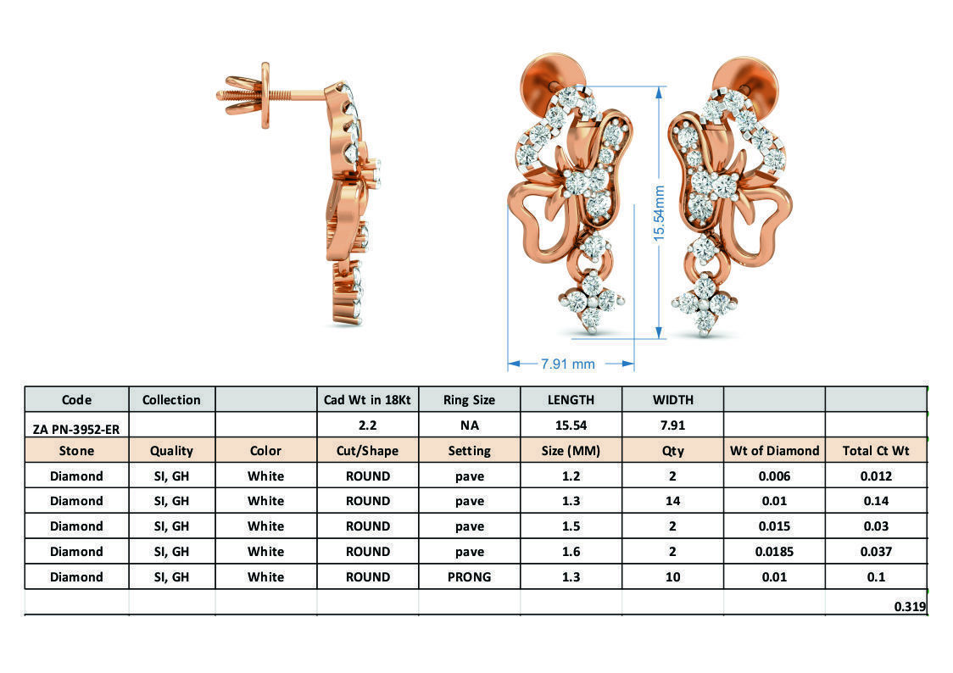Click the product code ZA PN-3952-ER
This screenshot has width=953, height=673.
[76, 429]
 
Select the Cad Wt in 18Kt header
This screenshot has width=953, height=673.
[367, 399]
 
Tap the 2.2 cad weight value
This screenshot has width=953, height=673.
[367, 425]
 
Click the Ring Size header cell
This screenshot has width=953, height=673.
[469, 399]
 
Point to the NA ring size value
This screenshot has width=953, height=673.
[469, 425]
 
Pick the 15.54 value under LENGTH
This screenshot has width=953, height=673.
[571, 425]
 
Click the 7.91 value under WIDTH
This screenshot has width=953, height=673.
[672, 425]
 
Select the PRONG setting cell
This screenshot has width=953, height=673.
[469, 577]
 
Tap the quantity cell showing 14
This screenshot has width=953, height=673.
[672, 501]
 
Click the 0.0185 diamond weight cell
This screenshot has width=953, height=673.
[774, 552]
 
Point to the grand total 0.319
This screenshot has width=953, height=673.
[910, 606]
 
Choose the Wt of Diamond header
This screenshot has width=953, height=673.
[774, 450]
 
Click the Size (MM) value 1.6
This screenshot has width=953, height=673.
[571, 552]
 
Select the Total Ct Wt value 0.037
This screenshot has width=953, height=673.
[876, 552]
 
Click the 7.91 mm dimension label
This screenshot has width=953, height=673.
[568, 364]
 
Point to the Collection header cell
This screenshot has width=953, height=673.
[171, 399]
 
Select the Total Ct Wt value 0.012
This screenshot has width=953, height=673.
[876, 476]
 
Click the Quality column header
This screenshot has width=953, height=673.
[171, 450]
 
